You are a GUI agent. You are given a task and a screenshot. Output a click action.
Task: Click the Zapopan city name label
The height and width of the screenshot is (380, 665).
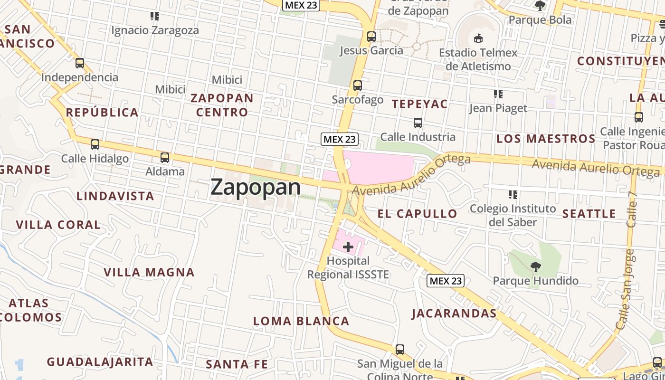coord(256,187)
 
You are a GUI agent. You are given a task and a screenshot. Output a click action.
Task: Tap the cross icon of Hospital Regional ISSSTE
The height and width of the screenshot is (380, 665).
coord(348,247)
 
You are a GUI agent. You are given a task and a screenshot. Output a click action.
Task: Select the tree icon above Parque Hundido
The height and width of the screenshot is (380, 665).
coord(536,266)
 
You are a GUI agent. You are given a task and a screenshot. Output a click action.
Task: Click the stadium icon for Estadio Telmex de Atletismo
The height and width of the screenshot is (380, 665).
coord(478,38)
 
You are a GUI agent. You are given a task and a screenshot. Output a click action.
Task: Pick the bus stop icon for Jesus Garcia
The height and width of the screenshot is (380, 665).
coord(371,36)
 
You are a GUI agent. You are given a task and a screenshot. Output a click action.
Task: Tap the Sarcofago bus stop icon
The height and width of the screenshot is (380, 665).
coord(358,85)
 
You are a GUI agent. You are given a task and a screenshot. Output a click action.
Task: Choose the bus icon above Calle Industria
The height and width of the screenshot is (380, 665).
coord(418,123)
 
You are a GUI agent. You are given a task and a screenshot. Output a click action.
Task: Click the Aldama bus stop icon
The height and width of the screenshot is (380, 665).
coord(165,158)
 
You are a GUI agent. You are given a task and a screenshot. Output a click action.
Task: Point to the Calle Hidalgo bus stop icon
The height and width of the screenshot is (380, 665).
coord(95,144)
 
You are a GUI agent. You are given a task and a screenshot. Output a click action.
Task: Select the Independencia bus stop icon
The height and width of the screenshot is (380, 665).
coord(80,63)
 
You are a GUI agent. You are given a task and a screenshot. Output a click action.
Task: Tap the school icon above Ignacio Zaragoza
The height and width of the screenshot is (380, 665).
coord(155,17)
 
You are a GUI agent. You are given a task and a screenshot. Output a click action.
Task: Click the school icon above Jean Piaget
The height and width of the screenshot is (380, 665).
coord(498,94)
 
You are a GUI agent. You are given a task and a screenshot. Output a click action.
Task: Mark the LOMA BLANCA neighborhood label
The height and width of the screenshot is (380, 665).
coord(301,321)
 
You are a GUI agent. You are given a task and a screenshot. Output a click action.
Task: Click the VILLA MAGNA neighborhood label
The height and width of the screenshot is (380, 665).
coord(149,273)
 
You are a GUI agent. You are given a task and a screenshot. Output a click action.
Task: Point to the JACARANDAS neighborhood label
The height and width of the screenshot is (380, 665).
coord(454,313)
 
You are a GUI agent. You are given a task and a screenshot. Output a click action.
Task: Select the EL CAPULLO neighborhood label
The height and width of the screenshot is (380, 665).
coord(418,214)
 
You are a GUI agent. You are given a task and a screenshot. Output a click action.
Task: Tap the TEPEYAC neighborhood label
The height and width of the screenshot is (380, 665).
coord(420,104)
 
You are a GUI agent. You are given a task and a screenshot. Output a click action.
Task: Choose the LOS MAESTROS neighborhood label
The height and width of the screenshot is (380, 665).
coord(546,139)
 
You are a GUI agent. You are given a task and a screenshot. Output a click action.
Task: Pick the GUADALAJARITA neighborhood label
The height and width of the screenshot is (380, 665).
coord(100,362)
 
